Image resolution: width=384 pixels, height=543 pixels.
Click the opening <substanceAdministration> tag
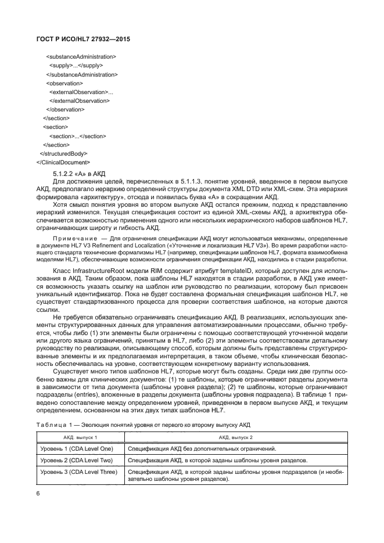click(81, 57)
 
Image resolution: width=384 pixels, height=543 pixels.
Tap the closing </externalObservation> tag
click(80, 100)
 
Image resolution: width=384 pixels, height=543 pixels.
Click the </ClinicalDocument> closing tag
click(63, 162)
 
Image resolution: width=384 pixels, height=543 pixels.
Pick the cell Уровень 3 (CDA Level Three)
click(78, 472)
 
